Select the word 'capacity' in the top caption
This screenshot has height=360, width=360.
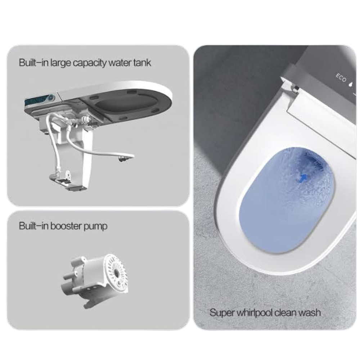[x=90, y=63]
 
